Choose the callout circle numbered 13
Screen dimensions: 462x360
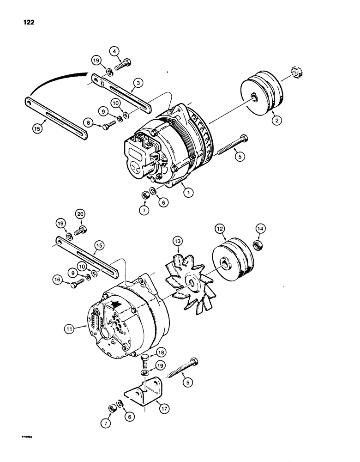(177, 241)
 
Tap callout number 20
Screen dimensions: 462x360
(80, 214)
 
